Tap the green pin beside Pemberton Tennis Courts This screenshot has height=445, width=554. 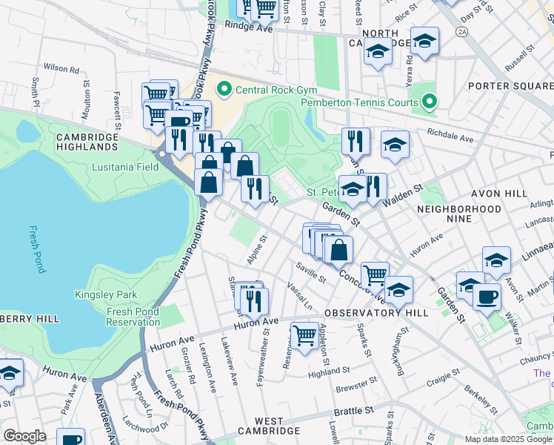(x=429, y=102)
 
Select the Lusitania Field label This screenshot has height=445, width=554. (x=125, y=167)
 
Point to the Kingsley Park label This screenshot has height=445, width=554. (x=106, y=294)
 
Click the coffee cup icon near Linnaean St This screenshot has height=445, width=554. (x=487, y=297)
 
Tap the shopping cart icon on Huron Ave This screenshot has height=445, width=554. (x=304, y=335)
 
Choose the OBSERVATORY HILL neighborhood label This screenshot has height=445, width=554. (x=376, y=313)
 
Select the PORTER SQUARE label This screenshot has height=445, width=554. (x=512, y=86)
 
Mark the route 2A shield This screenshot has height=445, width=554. (x=462, y=33)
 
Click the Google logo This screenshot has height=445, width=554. (x=24, y=436)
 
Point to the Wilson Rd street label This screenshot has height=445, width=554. (x=61, y=67)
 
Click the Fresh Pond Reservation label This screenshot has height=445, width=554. (x=133, y=317)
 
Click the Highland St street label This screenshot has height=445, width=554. (x=329, y=370)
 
